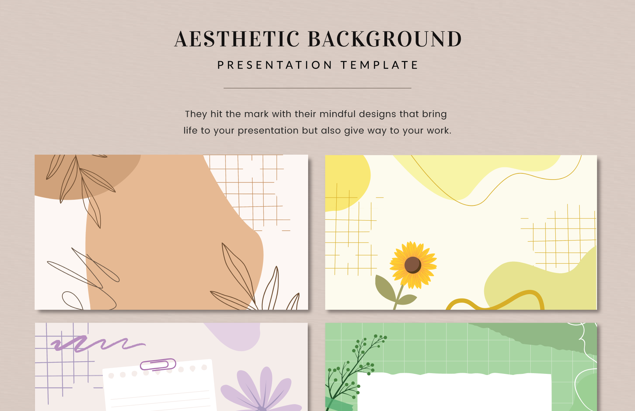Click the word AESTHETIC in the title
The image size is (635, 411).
pyautogui.click(x=237, y=39)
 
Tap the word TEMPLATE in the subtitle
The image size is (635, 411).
pyautogui.click(x=379, y=65)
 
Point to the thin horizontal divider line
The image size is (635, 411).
pyautogui.click(x=317, y=88)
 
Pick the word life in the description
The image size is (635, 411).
pyautogui.click(x=190, y=131)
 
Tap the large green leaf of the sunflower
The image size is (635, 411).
pyautogui.click(x=385, y=288)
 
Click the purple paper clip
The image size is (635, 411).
pyautogui.click(x=158, y=364)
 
